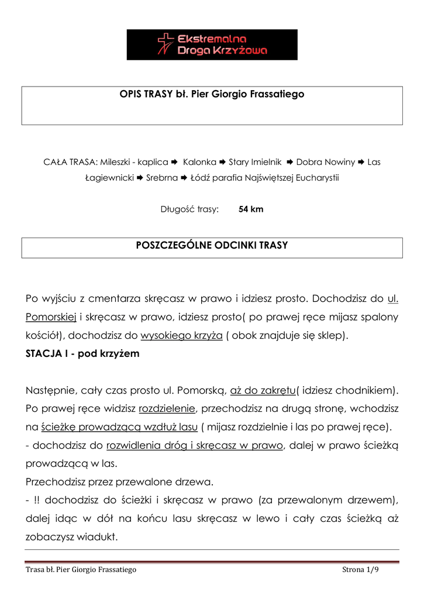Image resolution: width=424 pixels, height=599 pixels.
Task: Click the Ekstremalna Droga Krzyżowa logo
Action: pyautogui.click(x=212, y=44)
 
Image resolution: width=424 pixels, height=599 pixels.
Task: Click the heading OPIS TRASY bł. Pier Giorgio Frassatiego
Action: pyautogui.click(x=212, y=94)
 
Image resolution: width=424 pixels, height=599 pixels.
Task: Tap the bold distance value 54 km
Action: pyautogui.click(x=251, y=209)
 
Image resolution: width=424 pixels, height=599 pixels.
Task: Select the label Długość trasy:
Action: pyautogui.click(x=189, y=209)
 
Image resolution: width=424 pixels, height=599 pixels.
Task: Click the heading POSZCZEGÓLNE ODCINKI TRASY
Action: pyautogui.click(x=212, y=246)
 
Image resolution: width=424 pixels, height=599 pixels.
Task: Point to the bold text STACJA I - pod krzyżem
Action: pyautogui.click(x=82, y=354)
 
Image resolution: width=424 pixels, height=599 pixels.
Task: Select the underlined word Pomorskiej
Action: pyautogui.click(x=51, y=318)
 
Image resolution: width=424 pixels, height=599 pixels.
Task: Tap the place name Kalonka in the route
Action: pyautogui.click(x=199, y=162)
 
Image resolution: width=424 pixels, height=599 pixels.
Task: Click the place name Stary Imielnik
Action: pyautogui.click(x=255, y=162)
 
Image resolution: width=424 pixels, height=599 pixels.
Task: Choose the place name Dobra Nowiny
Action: pyautogui.click(x=326, y=162)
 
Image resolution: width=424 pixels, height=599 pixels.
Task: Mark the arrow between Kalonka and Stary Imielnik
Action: pyautogui.click(x=222, y=162)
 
